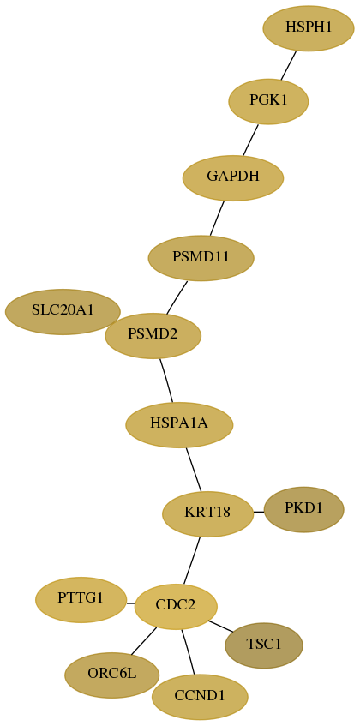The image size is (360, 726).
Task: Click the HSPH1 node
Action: pos(309,28)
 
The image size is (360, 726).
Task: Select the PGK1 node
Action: pos(268,101)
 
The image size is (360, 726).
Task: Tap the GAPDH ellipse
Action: pos(233,177)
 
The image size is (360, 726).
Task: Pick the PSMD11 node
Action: pos(201,258)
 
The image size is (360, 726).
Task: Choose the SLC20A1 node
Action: pos(63,312)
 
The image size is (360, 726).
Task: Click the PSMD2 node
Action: pos(153,336)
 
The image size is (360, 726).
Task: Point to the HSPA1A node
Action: pos(179,424)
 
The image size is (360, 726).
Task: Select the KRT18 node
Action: pos(207,514)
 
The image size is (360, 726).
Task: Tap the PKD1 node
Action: pos(303,509)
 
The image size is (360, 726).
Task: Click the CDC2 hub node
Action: pos(176,607)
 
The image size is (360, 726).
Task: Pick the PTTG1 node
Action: pos(81,600)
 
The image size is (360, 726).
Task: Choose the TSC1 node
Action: pos(264,645)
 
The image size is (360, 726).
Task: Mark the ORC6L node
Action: pos(112,675)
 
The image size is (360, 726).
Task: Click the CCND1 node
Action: pos(200,697)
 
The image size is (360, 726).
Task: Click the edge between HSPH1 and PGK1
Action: pos(288,65)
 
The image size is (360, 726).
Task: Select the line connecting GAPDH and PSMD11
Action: pos(217,218)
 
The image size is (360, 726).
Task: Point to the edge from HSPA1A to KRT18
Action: pos(194,470)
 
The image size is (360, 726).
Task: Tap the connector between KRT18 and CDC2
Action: pos(192,561)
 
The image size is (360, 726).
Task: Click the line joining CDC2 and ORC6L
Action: pos(143,641)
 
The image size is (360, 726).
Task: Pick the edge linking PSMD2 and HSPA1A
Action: pos(166,381)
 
